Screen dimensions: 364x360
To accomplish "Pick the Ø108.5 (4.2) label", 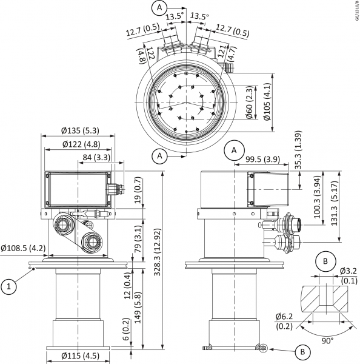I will tap(23, 248).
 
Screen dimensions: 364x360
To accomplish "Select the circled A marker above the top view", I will tap(159, 7).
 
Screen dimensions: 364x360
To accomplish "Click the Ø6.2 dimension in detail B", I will tap(284, 321).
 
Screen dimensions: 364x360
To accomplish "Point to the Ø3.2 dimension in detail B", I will tap(349, 275).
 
